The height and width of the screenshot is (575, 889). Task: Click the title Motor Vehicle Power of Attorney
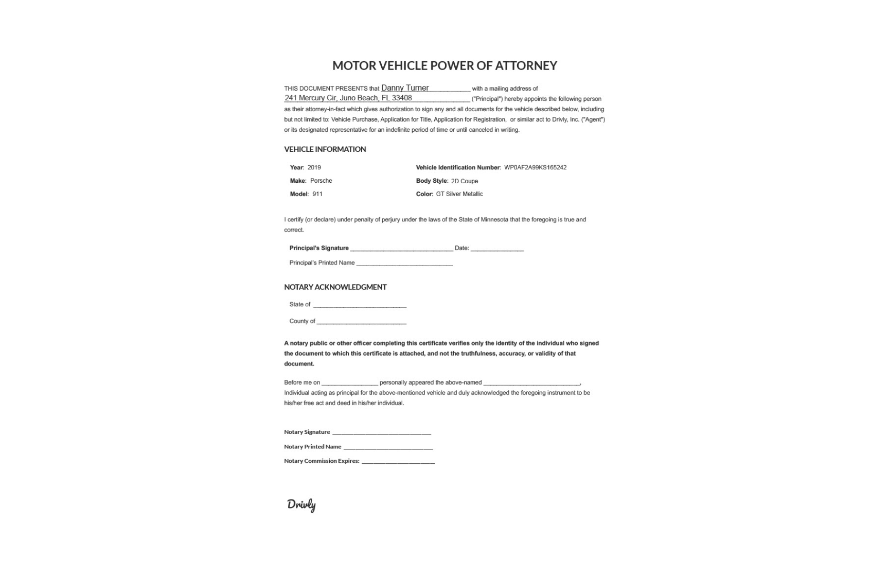click(444, 65)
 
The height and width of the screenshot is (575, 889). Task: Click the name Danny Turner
click(405, 88)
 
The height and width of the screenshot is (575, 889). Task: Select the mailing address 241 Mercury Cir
click(348, 98)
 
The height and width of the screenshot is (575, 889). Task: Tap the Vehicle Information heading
click(325, 149)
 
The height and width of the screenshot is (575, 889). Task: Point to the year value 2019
click(314, 167)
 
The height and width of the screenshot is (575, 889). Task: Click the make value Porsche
click(321, 181)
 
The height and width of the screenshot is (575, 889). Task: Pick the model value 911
click(317, 194)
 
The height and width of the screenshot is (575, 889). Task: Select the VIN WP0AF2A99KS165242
click(535, 167)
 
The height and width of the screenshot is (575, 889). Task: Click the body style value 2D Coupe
click(465, 181)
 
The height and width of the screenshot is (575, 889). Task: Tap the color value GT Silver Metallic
click(459, 194)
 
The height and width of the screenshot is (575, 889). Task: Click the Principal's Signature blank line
click(401, 248)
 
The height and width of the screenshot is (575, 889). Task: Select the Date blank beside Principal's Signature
click(497, 248)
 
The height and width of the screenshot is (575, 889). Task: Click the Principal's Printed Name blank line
click(404, 263)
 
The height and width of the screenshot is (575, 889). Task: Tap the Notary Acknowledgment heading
click(335, 287)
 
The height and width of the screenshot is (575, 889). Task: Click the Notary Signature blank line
click(381, 432)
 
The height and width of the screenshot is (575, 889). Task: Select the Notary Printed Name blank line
click(388, 447)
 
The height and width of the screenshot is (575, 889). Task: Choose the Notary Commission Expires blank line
click(398, 461)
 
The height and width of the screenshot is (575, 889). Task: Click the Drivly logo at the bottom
click(301, 504)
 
